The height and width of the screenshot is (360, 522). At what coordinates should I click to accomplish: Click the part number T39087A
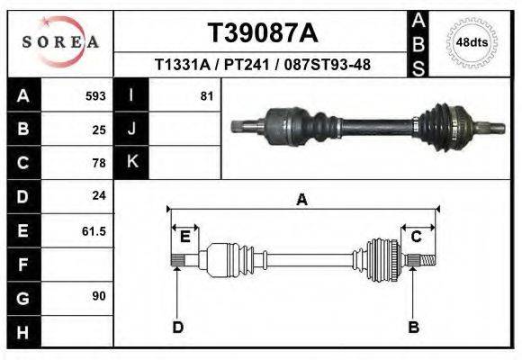[262, 33]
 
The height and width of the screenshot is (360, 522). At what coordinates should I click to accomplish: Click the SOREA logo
[61, 42]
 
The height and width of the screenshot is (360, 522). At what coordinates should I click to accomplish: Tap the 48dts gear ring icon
[472, 42]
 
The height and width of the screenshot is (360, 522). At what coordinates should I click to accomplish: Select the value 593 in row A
[94, 95]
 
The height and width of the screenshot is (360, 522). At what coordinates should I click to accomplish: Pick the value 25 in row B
[98, 130]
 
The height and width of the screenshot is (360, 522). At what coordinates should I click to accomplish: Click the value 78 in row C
[98, 163]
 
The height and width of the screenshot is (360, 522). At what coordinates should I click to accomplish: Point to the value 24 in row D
[98, 195]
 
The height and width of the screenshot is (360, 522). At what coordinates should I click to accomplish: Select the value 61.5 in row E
[94, 230]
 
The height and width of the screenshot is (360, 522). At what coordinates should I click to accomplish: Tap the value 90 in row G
[98, 295]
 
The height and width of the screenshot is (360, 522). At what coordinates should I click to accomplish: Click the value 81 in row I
[206, 95]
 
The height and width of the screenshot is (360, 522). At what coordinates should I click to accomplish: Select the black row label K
[131, 162]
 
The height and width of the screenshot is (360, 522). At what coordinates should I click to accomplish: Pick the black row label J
[131, 129]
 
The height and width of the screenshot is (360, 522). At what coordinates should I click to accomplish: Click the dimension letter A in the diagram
[301, 200]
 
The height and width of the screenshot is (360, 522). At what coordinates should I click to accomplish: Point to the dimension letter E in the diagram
[184, 237]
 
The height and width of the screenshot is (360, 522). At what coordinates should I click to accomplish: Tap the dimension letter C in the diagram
[417, 237]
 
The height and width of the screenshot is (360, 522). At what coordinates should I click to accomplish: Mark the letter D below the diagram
[177, 327]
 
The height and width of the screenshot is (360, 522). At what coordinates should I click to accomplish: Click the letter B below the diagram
[413, 327]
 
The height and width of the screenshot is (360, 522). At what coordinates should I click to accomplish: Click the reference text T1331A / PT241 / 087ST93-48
[262, 65]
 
